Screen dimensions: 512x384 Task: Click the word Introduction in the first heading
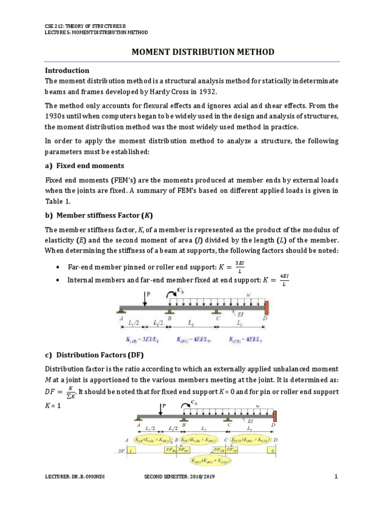click(67, 70)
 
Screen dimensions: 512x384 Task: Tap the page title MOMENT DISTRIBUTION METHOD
click(202, 52)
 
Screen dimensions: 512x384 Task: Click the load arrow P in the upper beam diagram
click(145, 299)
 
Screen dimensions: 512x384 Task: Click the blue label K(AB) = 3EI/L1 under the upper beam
click(139, 340)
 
